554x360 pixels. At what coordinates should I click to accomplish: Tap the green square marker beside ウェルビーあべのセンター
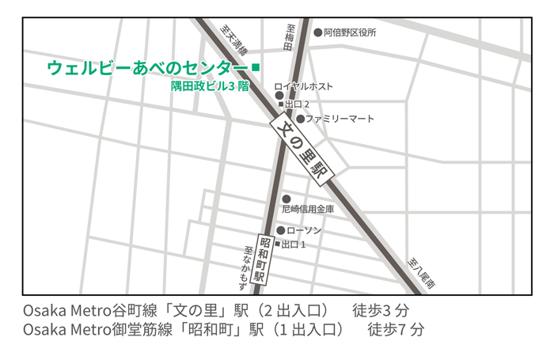tap(255, 67)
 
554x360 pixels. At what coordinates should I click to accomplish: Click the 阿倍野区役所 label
tap(350, 33)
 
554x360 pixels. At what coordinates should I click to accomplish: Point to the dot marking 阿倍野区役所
tap(318, 33)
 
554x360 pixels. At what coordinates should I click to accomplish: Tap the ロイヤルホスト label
tap(303, 85)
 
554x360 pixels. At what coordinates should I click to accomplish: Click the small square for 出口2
tap(280, 104)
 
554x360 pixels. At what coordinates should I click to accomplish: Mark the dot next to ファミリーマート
tap(300, 119)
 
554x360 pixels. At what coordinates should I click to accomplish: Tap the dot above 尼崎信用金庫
tap(286, 199)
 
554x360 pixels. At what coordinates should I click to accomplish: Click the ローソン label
tap(304, 230)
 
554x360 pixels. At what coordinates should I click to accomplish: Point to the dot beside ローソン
tap(280, 230)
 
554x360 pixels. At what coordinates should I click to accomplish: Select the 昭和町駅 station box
tap(265, 260)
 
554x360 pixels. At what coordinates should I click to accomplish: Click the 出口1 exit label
tap(294, 244)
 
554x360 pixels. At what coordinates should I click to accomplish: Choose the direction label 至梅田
tap(290, 35)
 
